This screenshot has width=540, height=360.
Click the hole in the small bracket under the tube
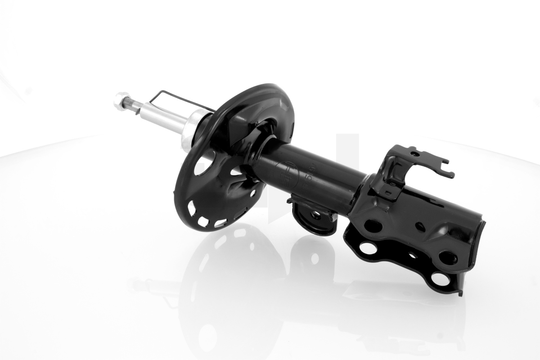tap(315, 215)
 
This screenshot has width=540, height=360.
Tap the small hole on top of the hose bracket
tap(414, 154)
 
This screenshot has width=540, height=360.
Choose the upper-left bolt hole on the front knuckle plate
tap(373, 225)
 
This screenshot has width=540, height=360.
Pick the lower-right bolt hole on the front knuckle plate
tap(448, 258)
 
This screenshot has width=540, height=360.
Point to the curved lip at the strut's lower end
tap(479, 239)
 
